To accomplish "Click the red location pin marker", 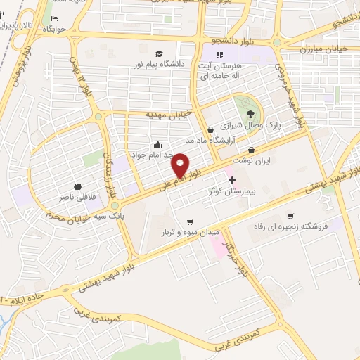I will pos(181,165).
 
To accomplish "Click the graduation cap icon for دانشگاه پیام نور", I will pos(159,53).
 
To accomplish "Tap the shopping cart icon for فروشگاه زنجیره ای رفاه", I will pos(290,216).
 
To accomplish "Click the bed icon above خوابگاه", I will pos(54,20).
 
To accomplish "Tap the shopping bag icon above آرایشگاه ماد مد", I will pos(212,129).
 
